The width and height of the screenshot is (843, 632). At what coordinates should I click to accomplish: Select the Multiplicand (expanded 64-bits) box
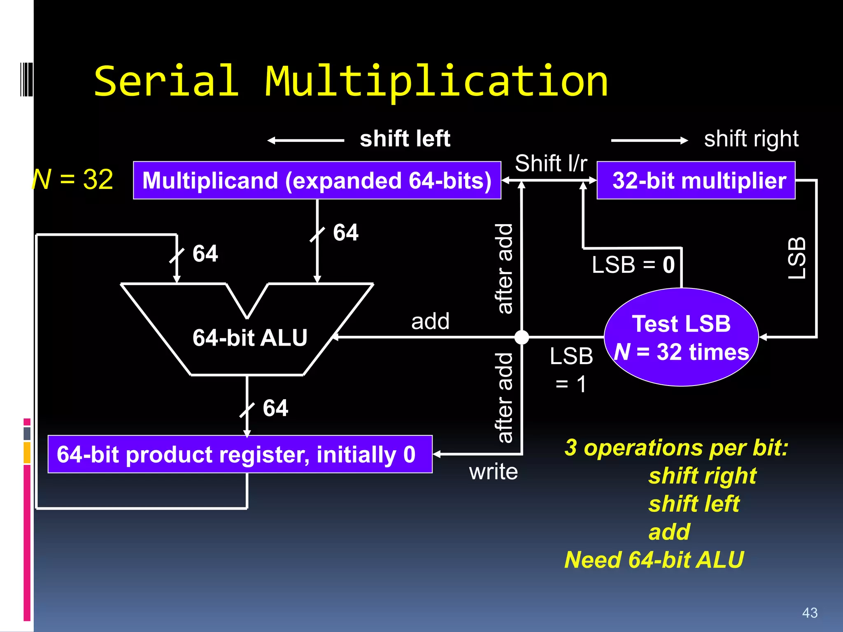(317, 181)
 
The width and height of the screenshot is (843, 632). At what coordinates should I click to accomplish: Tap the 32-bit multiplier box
(696, 181)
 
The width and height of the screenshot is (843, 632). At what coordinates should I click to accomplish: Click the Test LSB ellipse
(681, 337)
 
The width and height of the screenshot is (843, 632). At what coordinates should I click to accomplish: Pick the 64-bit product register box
(240, 454)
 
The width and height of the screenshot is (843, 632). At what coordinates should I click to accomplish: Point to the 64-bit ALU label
(250, 337)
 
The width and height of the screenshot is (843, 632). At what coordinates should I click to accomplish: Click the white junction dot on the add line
(522, 337)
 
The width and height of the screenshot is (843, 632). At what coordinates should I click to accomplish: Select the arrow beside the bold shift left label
(305, 141)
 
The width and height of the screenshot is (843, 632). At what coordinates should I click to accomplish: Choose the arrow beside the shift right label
(649, 141)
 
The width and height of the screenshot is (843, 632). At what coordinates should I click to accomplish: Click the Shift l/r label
(551, 163)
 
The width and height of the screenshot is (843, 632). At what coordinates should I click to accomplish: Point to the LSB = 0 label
(633, 265)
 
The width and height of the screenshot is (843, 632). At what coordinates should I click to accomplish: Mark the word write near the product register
(493, 472)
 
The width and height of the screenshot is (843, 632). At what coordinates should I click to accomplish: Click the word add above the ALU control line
(430, 321)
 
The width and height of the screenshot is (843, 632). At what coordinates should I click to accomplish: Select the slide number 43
(810, 613)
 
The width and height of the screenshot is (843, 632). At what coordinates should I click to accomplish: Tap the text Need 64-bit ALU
(654, 560)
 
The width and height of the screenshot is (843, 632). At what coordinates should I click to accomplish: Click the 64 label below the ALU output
(275, 408)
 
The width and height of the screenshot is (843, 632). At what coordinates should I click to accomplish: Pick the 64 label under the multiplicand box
(346, 232)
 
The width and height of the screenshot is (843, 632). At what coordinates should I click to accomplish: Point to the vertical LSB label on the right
(796, 258)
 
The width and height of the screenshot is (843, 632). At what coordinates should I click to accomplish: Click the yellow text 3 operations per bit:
(676, 448)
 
